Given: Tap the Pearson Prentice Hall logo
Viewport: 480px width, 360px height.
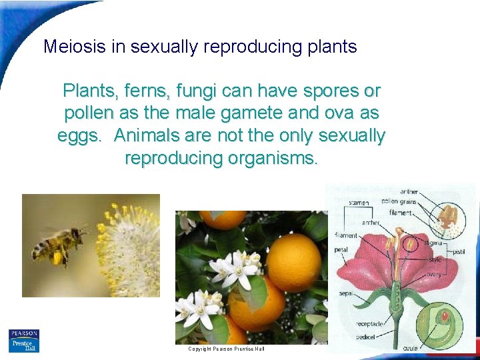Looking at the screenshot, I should [24, 340].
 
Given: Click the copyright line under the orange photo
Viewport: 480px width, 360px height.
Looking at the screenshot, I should [226, 349].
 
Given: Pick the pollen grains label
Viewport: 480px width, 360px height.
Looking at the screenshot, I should [399, 201].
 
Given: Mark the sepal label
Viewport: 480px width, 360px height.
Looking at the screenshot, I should [345, 293].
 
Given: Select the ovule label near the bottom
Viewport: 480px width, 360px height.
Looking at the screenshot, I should [411, 348].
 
